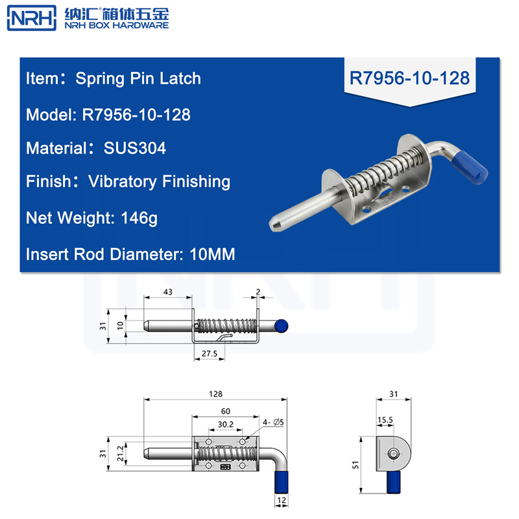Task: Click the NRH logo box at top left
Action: tap(31, 18)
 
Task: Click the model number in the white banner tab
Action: tap(409, 78)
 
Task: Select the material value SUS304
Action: tap(135, 148)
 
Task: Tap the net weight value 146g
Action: tap(139, 219)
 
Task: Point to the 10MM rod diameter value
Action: tap(212, 254)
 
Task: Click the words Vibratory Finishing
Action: tap(159, 182)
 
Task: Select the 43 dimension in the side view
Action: tap(168, 292)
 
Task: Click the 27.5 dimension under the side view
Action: tap(210, 354)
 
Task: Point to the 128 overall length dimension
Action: tap(215, 394)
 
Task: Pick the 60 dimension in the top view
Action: tap(225, 411)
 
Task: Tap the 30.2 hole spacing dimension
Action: tap(225, 424)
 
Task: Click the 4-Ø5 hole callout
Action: tap(273, 422)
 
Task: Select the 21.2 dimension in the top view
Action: tap(120, 453)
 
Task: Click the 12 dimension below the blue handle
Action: tap(282, 500)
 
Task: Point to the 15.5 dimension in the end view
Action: tap(385, 420)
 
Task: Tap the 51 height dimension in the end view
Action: tap(356, 465)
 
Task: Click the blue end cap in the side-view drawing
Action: tap(282, 326)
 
